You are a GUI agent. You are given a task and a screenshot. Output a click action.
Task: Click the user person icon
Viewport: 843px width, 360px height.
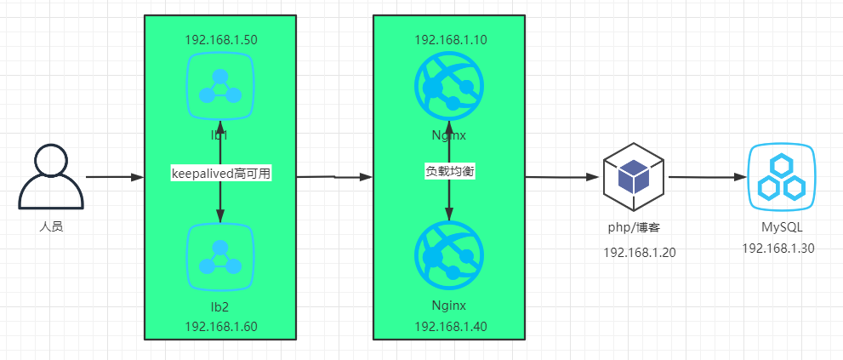click(51, 177)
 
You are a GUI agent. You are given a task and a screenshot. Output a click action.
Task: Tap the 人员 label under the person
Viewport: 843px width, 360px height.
click(51, 227)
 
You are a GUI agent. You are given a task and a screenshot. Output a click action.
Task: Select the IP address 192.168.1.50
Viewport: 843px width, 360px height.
click(220, 40)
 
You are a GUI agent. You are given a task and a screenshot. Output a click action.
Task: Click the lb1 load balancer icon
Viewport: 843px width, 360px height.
click(220, 86)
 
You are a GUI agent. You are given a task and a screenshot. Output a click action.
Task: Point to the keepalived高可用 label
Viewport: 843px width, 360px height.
click(220, 172)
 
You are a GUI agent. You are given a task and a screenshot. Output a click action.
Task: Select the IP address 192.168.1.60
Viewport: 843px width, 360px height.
click(220, 327)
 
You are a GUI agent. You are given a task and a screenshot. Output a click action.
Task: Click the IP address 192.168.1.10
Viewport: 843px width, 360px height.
click(450, 40)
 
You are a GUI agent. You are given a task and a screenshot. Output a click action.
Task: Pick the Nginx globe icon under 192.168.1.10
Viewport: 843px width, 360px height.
click(449, 87)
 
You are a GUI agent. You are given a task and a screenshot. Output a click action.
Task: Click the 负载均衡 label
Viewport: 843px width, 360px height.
click(449, 171)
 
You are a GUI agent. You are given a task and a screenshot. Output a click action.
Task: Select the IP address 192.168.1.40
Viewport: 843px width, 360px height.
click(450, 327)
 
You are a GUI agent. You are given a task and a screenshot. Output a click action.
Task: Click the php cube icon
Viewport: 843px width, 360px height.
click(633, 176)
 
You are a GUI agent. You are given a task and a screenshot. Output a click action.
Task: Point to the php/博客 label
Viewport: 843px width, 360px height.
click(634, 229)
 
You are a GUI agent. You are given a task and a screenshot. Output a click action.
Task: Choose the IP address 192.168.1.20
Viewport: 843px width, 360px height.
click(640, 253)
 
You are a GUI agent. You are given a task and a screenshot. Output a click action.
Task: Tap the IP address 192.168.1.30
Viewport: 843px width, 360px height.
click(778, 249)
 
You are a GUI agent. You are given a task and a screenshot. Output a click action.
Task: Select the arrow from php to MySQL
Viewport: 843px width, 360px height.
click(706, 178)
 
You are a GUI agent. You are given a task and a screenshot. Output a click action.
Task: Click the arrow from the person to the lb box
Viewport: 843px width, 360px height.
click(115, 178)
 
